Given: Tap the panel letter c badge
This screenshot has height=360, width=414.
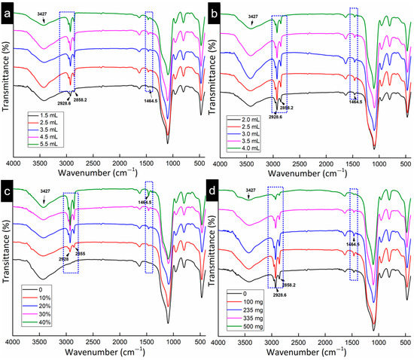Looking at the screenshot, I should coord(9,191).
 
